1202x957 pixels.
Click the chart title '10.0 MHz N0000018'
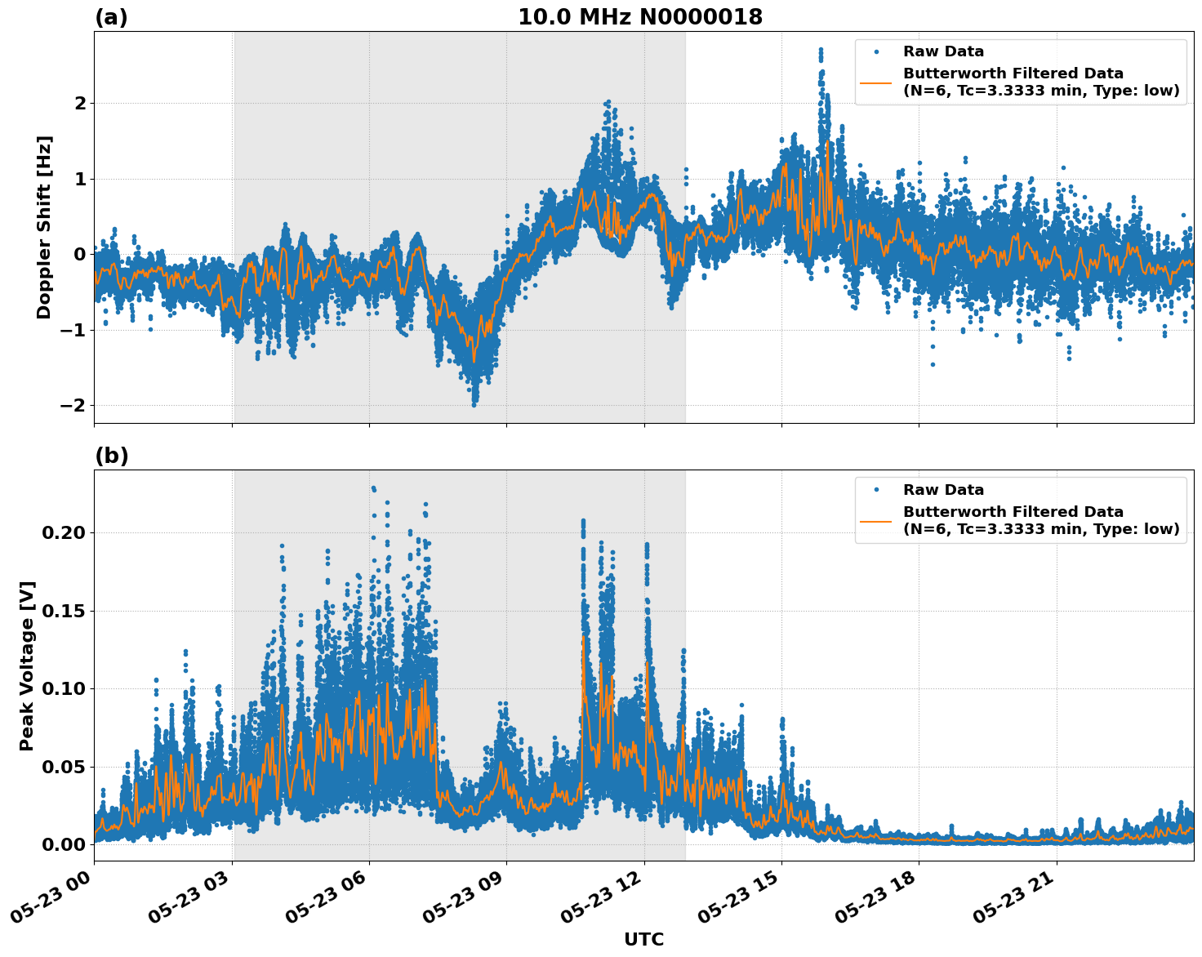[x=640, y=17]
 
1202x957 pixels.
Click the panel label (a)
[x=111, y=17]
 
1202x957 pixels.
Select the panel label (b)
[x=111, y=456]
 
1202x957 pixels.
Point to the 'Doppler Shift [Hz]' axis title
[x=44, y=227]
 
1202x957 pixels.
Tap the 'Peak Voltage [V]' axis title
[x=27, y=665]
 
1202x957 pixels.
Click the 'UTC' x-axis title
[x=643, y=939]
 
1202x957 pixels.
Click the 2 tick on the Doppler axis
[x=80, y=103]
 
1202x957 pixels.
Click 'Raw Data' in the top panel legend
[x=943, y=51]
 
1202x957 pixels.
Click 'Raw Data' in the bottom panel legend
[x=943, y=490]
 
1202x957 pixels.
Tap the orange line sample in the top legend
[x=876, y=82]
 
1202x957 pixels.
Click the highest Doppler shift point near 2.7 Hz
[x=821, y=50]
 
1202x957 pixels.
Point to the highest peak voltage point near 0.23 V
[x=373, y=488]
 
